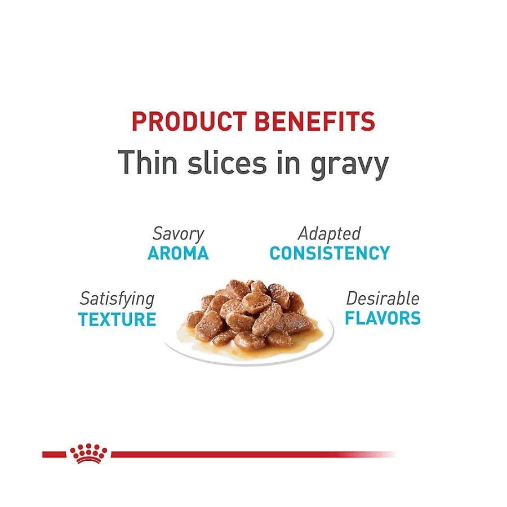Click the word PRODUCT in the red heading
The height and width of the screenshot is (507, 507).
(x=189, y=121)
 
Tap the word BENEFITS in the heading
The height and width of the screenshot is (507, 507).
(x=314, y=121)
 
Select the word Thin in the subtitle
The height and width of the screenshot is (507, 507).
(x=148, y=162)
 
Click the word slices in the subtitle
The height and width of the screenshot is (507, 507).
(x=227, y=162)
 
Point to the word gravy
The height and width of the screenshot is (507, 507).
(x=349, y=166)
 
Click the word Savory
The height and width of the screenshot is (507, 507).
(x=178, y=234)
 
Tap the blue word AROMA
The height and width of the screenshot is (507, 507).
(x=178, y=253)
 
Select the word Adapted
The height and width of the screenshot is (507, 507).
(x=330, y=234)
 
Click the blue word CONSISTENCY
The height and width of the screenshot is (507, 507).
(x=330, y=253)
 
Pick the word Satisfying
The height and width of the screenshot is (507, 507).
(x=117, y=300)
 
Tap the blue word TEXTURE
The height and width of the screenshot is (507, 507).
(x=117, y=319)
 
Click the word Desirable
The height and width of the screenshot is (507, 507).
(x=383, y=299)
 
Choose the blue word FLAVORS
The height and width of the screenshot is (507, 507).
(x=383, y=318)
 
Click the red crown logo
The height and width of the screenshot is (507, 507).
(x=88, y=453)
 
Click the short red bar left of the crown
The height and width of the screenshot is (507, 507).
(x=54, y=455)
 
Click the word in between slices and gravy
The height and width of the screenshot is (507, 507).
(x=288, y=162)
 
